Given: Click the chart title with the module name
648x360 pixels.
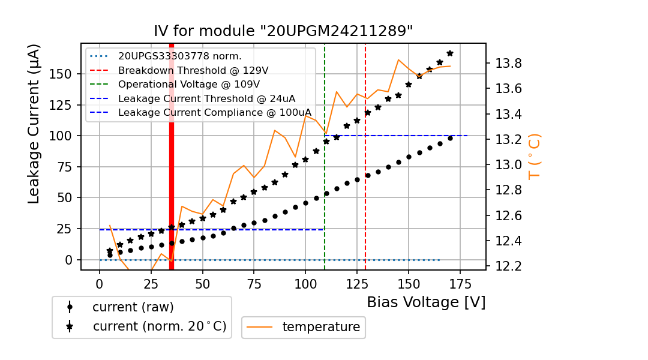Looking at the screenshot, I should (x=283, y=31).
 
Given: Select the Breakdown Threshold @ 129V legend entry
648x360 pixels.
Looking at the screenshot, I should (x=193, y=70).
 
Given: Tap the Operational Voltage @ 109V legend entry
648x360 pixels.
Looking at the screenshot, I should (x=188, y=84).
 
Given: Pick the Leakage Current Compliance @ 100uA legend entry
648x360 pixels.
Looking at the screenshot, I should (x=214, y=112).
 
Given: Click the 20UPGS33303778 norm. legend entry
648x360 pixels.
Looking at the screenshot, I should (x=179, y=56).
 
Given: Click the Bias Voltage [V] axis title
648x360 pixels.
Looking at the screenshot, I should (x=426, y=302).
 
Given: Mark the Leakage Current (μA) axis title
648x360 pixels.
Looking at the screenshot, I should (x=34, y=124).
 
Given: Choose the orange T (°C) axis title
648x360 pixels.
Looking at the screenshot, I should (x=534, y=156).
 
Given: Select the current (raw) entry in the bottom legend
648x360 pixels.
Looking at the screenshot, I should (x=133, y=307).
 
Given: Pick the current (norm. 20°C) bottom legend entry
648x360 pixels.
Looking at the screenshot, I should (x=159, y=327).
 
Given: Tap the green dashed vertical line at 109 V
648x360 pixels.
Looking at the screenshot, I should (x=325, y=180).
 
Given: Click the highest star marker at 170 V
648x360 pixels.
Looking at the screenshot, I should (x=450, y=53).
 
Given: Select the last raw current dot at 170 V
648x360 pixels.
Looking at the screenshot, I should (x=450, y=139).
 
